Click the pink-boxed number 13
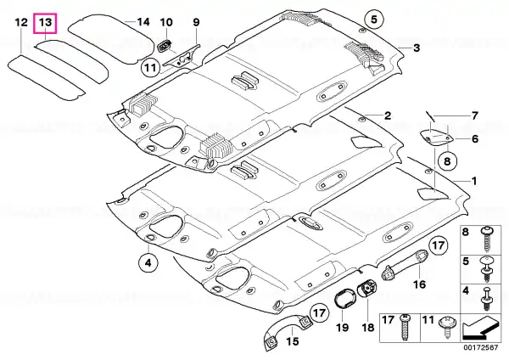(45, 23)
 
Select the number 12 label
(21, 23)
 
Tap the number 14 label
(143, 22)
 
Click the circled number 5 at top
(374, 20)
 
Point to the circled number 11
(151, 68)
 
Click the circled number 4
(148, 263)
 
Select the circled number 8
(447, 161)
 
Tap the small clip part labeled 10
(165, 45)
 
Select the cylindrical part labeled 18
(366, 290)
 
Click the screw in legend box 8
(486, 239)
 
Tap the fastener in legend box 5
(486, 270)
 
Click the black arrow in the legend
(480, 327)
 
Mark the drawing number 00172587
(480, 347)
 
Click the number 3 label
(417, 48)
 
